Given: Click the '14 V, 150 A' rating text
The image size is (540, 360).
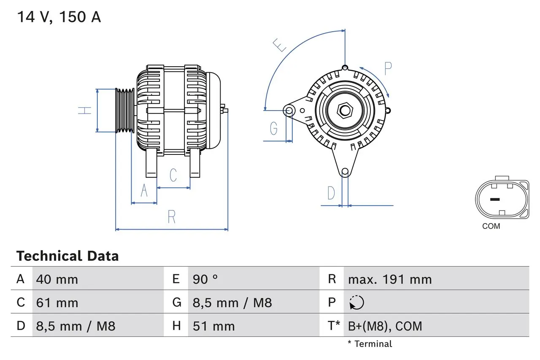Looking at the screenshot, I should [59, 17].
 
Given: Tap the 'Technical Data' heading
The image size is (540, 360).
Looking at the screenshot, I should [67, 256].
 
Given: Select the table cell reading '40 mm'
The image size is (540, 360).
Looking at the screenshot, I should [57, 279].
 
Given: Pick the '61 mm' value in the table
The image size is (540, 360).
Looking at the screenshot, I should [57, 303].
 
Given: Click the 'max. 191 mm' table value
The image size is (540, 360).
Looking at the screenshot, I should [389, 279].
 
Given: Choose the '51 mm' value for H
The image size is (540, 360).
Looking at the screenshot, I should [213, 326].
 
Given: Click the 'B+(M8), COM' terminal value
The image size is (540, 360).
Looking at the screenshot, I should [385, 326].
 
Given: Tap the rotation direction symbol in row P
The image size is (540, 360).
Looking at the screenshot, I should [356, 303].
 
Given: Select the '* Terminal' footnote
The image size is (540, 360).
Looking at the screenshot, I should [370, 344].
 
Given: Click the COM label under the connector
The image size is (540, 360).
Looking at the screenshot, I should [491, 226].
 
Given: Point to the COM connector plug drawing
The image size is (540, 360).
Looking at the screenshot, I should [502, 199].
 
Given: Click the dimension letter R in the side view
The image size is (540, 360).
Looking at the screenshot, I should [171, 217].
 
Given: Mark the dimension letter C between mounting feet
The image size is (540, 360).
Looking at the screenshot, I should [173, 175].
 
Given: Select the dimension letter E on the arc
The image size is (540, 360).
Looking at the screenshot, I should [280, 45].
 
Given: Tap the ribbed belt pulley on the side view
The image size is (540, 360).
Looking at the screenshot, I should [125, 111].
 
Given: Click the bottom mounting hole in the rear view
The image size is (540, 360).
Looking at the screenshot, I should [345, 171].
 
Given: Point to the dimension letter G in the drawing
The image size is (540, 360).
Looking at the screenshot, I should [274, 128].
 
